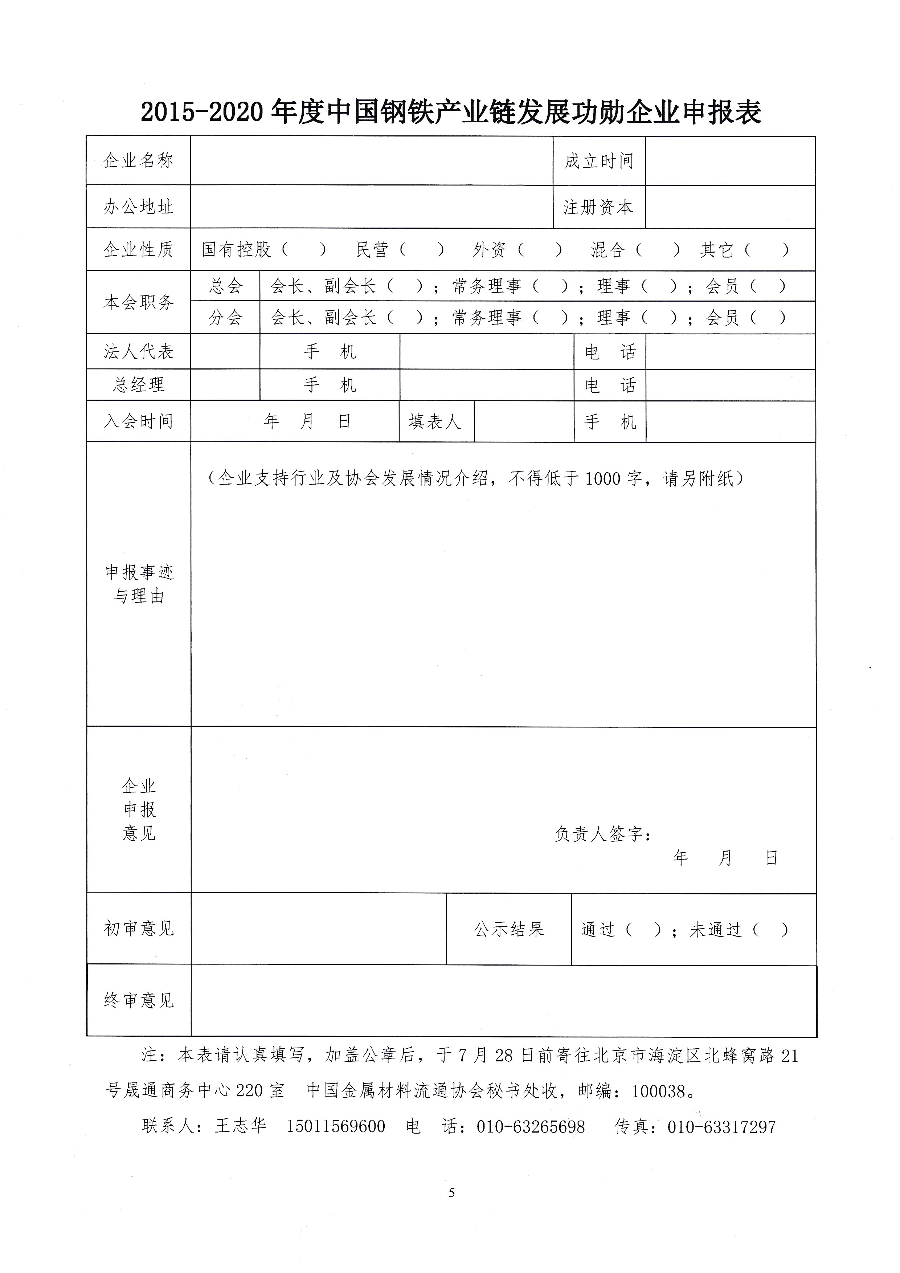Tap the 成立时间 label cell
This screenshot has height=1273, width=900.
tap(598, 161)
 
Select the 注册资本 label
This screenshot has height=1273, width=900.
tap(598, 207)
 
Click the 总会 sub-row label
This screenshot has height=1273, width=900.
tap(226, 286)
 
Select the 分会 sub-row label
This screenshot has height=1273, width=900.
tap(226, 318)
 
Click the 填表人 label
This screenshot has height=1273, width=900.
tap(435, 421)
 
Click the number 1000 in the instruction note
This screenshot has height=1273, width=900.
tap(602, 478)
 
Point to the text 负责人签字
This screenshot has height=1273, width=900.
tap(602, 833)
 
